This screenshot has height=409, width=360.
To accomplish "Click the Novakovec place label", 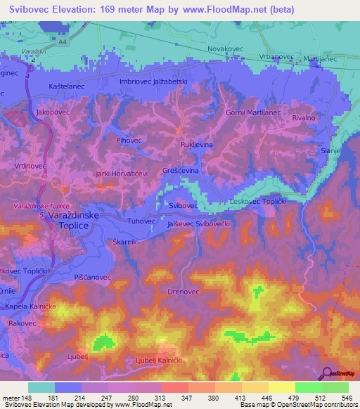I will click(226, 48).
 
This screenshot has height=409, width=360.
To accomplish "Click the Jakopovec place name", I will click(55, 112).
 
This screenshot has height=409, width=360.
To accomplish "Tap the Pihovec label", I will click(130, 141).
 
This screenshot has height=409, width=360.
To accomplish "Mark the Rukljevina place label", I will click(197, 145).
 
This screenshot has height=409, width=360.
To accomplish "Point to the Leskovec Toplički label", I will click(261, 202).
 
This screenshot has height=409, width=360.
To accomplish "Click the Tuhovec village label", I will click(140, 221).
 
